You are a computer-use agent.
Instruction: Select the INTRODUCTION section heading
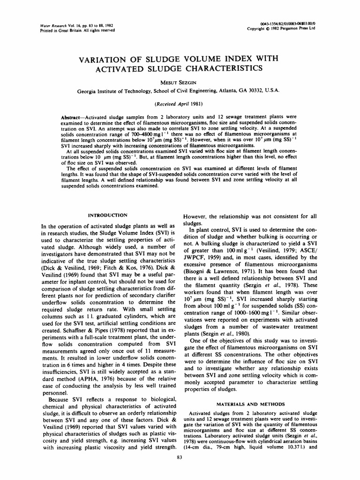point(108,215)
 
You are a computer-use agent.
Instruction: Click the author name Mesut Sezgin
point(180,82)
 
